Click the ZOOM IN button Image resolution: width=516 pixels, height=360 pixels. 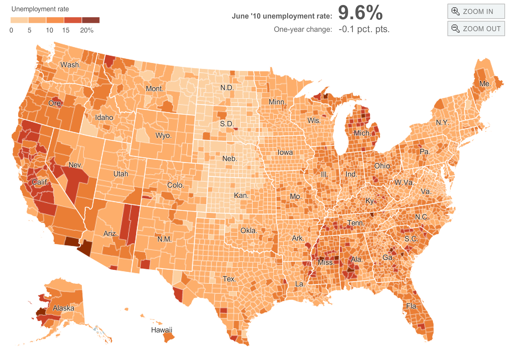(x=476, y=12)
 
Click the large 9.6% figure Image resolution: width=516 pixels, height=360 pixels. (x=360, y=13)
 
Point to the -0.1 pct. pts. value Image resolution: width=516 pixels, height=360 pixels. (x=364, y=29)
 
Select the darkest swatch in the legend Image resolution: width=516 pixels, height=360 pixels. (x=91, y=20)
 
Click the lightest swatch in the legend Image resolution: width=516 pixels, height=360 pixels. (x=19, y=20)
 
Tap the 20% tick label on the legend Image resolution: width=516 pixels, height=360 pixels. (x=87, y=30)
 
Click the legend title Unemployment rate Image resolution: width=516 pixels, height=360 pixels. (x=40, y=9)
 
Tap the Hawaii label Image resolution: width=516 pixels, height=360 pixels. (x=162, y=330)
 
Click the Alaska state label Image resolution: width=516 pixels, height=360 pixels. (x=64, y=308)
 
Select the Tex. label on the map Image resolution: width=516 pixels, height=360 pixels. (x=229, y=279)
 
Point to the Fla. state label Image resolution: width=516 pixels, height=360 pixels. (x=412, y=306)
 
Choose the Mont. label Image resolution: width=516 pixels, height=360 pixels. (x=155, y=89)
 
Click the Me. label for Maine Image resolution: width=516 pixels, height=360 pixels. (x=485, y=84)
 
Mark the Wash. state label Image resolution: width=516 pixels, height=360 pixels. (x=71, y=65)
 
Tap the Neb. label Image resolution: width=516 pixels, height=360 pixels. (x=230, y=158)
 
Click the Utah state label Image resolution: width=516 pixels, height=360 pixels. (x=121, y=174)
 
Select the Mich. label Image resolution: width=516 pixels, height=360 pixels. (x=362, y=133)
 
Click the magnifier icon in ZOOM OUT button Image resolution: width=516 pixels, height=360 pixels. (x=456, y=29)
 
